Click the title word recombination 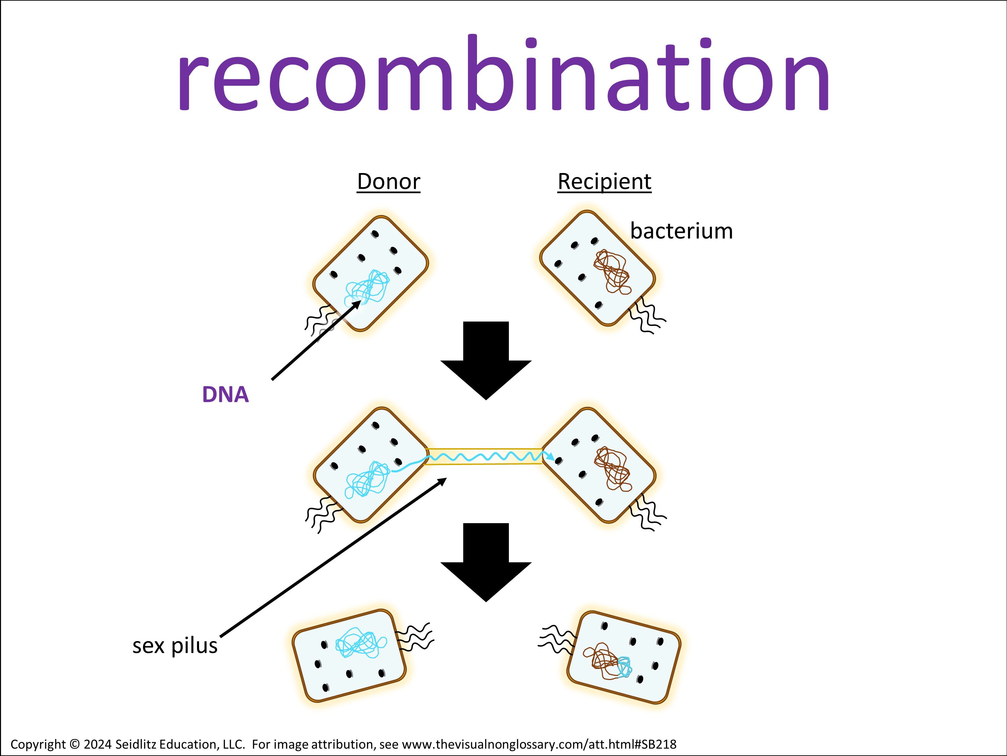[503, 75]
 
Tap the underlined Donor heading [388, 182]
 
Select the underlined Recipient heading [604, 182]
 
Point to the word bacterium [681, 231]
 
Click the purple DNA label [225, 395]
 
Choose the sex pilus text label [175, 646]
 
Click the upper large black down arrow [486, 360]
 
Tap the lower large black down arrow [486, 561]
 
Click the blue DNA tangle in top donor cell [368, 288]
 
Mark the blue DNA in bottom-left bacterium [361, 642]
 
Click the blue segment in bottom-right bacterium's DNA [624, 666]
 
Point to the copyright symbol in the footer [74, 745]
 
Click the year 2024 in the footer [97, 745]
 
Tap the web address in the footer [539, 745]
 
